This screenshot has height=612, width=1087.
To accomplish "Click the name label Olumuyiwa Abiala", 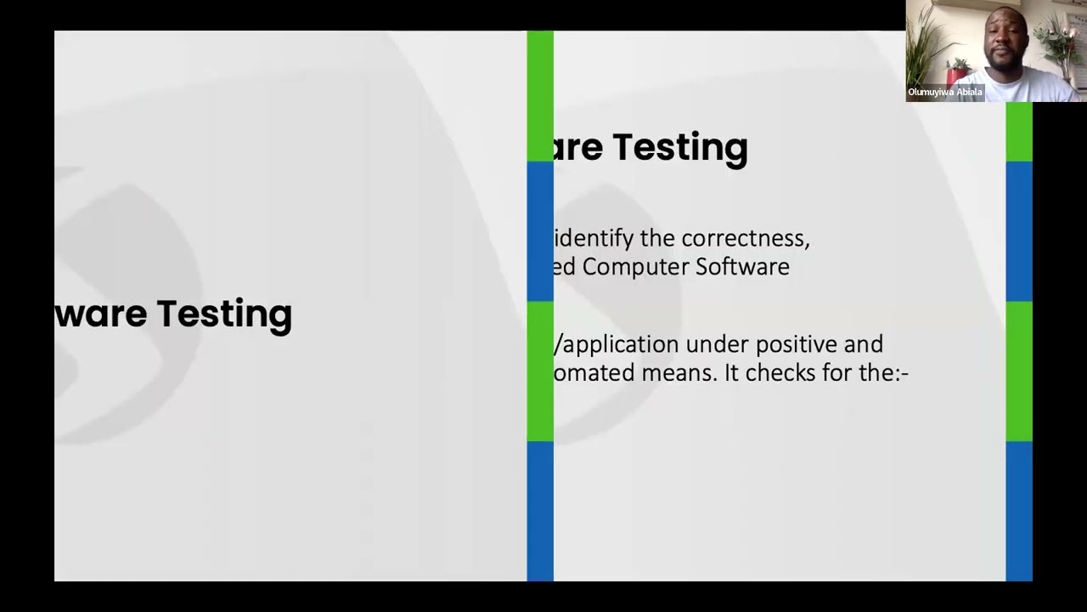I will coord(944,92).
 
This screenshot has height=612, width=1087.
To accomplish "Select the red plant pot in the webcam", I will coord(957,75).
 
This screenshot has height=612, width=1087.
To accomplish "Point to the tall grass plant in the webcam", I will coord(926,42).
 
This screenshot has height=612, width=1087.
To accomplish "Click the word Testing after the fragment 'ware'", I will coord(224,314).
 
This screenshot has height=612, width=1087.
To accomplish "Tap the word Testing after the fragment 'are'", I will coord(679,147).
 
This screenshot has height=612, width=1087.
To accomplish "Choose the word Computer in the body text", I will coord(635,267).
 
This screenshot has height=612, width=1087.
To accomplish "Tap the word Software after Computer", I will coord(742,267).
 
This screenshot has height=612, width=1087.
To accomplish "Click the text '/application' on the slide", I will coord(617,344).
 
